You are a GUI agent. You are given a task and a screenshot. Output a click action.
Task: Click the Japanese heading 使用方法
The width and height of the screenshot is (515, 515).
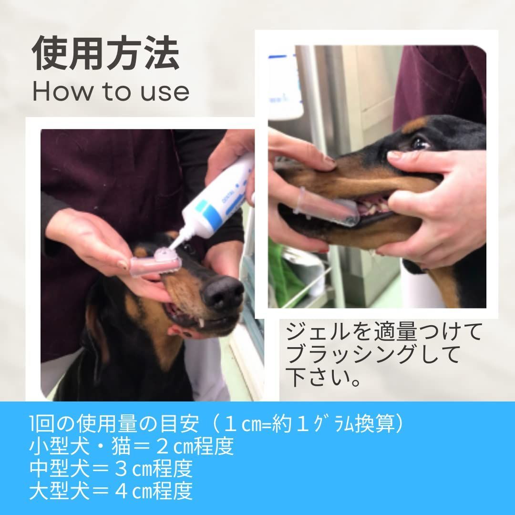click(x=106, y=53)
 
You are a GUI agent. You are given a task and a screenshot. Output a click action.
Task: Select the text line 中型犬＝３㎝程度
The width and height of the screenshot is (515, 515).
click(x=111, y=469)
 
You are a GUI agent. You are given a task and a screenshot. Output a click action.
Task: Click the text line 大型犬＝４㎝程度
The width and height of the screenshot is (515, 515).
click(x=111, y=491)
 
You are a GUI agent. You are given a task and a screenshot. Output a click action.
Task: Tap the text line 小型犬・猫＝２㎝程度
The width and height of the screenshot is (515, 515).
click(x=132, y=447)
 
